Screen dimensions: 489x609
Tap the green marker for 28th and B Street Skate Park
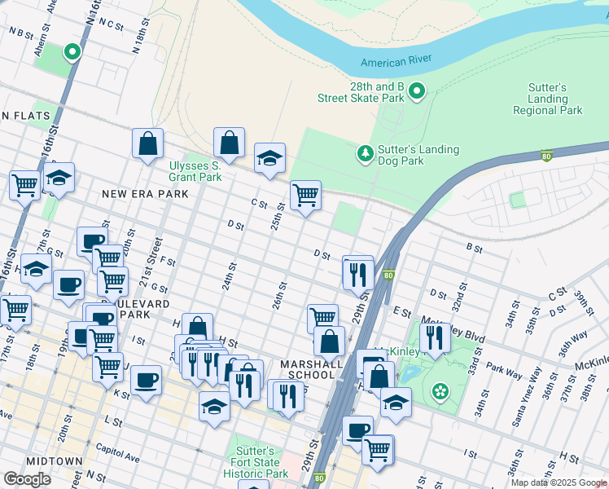[417, 91]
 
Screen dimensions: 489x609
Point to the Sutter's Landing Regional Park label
[548, 99]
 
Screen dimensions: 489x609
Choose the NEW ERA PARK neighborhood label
[144, 194]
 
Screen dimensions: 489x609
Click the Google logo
[27, 479]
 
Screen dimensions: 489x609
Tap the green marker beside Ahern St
[72, 53]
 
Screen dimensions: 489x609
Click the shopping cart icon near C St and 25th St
[305, 196]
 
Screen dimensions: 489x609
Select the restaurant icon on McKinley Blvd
[435, 337]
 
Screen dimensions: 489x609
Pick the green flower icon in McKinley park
[440, 392]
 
